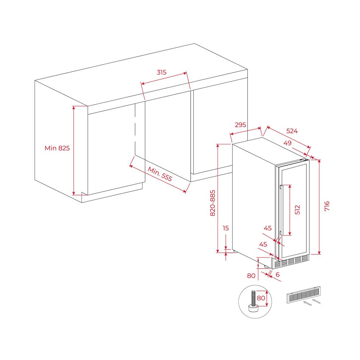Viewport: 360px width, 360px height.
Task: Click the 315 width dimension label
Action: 162,72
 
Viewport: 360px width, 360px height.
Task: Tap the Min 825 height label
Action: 57,148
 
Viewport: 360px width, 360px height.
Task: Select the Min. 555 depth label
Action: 160,174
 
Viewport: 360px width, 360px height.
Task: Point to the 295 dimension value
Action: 240,125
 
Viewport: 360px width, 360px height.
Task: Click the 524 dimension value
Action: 292,131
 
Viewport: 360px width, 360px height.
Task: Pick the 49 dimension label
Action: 287,143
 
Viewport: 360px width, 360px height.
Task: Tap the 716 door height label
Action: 327,206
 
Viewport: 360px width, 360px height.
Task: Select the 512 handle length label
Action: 297,210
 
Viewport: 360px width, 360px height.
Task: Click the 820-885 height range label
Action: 213,203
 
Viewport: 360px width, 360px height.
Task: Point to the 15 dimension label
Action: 226,228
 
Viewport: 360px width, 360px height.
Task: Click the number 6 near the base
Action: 278,275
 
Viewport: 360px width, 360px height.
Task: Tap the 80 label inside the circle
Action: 261,298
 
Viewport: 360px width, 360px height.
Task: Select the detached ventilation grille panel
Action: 303,295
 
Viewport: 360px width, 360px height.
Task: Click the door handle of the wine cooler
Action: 282,210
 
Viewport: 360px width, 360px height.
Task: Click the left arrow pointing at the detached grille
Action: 307,303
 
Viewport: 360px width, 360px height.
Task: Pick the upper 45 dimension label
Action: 268,228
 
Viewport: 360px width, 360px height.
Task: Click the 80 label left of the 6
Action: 251,275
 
